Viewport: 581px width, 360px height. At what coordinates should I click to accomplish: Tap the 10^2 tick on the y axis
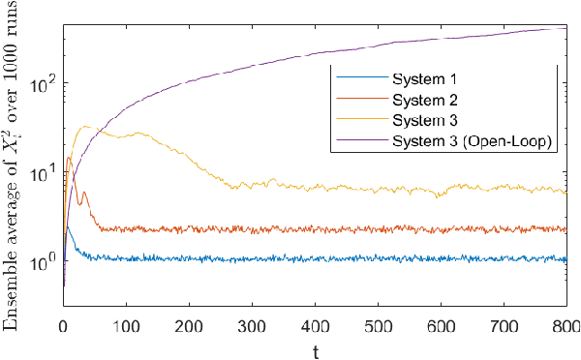click(x=45, y=83)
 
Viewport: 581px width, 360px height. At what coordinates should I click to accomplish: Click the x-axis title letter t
click(x=315, y=348)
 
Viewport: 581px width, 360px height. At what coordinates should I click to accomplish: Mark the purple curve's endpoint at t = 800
click(x=566, y=29)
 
